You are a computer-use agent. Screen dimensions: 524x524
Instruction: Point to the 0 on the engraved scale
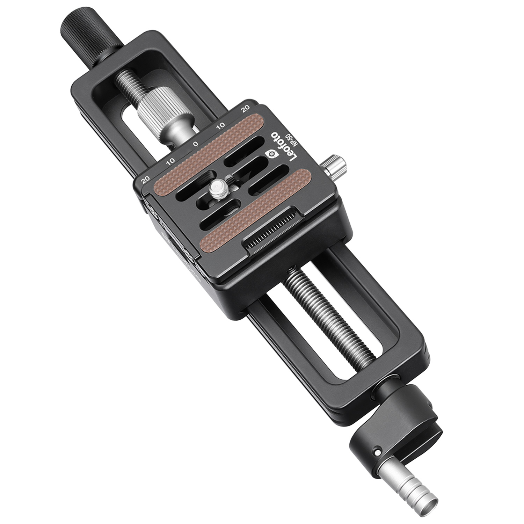pyautogui.click(x=196, y=144)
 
